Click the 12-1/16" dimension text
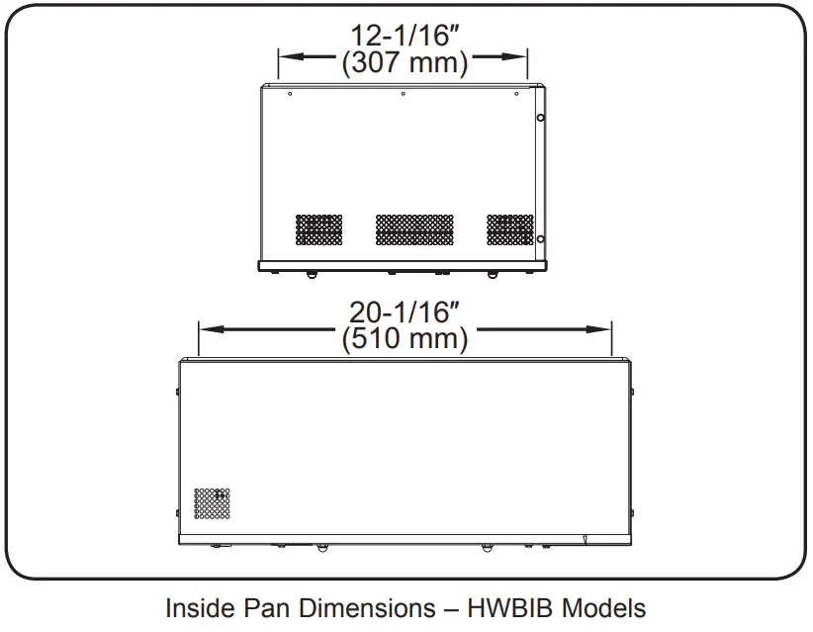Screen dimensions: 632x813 (x=404, y=37)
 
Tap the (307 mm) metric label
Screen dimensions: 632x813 (x=404, y=63)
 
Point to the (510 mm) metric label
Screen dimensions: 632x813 (x=404, y=339)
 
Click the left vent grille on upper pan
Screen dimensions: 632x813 (x=319, y=229)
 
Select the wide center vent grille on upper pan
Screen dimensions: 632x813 (x=414, y=229)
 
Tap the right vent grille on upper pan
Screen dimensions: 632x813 (x=509, y=229)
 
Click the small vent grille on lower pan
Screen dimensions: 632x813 (x=213, y=503)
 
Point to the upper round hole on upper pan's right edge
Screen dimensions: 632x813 (x=540, y=118)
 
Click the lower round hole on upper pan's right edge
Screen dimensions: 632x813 (x=540, y=238)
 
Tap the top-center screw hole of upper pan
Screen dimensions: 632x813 (x=404, y=95)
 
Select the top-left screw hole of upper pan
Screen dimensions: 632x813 (x=289, y=95)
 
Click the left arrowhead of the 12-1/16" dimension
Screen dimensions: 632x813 (x=286, y=56)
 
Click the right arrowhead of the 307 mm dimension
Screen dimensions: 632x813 (x=523, y=56)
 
